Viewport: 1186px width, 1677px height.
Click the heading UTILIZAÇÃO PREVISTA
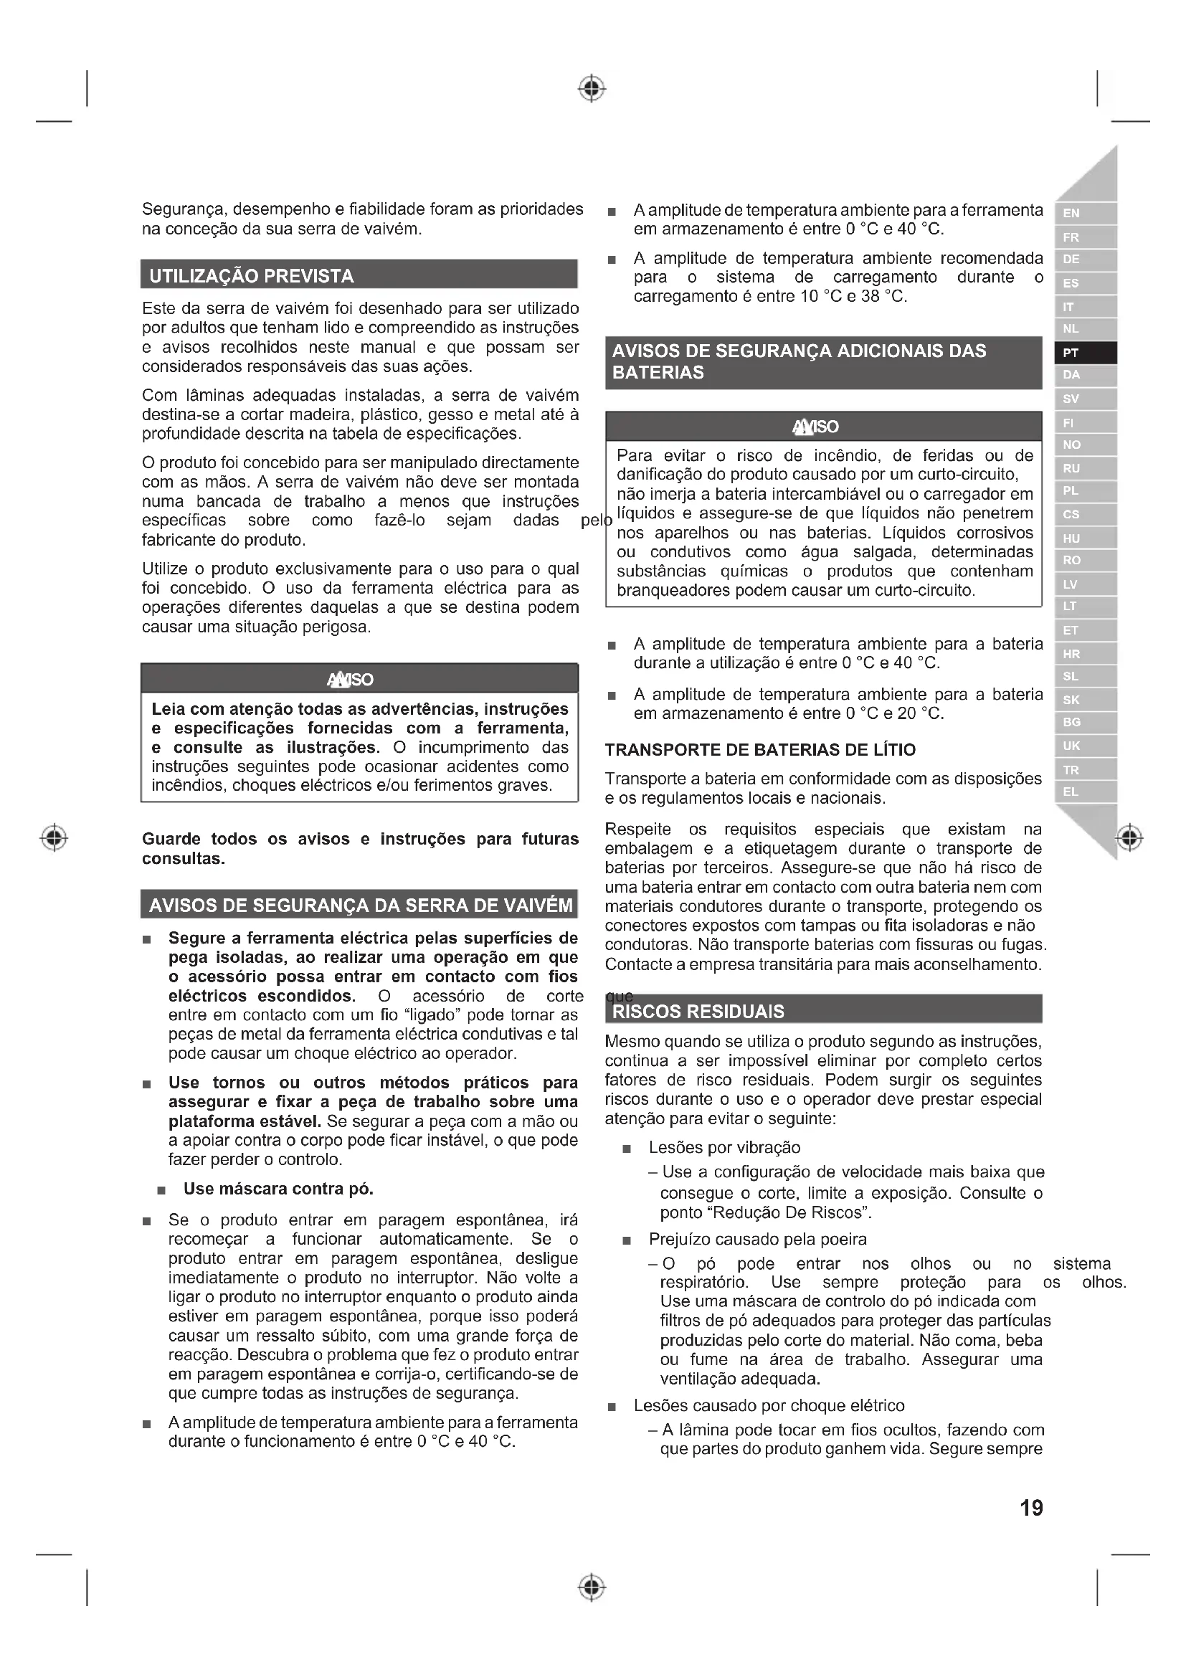pos(252,276)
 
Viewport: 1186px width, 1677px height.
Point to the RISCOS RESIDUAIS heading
pos(698,1011)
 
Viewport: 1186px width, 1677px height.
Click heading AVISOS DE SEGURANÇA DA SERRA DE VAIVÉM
pos(360,906)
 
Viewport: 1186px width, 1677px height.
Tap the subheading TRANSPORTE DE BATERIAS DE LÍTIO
pos(760,749)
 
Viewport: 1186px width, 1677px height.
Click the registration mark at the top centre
pos(592,88)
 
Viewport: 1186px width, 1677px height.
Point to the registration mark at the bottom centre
pos(592,1587)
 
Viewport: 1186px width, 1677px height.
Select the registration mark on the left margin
pos(54,837)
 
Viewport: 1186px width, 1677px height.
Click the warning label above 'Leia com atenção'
pos(351,680)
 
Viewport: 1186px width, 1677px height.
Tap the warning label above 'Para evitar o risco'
pos(816,427)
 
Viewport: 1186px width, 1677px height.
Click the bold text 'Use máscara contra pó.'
pos(278,1188)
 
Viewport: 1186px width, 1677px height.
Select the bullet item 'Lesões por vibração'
pos(724,1146)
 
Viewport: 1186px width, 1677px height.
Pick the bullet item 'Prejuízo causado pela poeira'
pos(757,1239)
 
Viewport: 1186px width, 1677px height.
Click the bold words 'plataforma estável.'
pos(245,1121)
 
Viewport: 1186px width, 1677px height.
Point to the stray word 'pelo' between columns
pos(596,520)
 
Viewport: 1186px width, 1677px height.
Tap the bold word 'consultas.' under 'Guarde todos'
pos(184,858)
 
